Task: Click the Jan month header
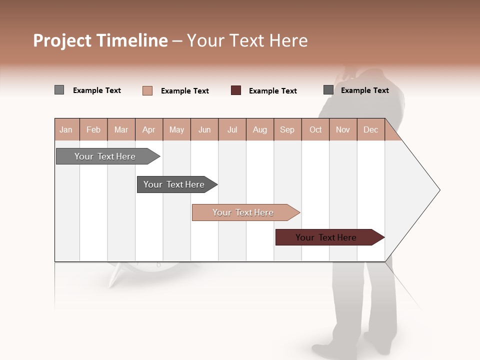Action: pos(66,129)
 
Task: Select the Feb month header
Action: pos(93,129)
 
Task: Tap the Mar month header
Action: pos(121,129)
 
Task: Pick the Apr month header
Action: pos(149,129)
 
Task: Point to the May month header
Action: pos(176,129)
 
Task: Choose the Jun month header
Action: pos(204,129)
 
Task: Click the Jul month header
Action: pos(232,129)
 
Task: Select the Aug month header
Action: pos(260,129)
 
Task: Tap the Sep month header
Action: pos(287,129)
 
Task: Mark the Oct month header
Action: pos(315,129)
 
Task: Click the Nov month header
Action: pos(343,129)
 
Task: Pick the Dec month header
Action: pos(371,129)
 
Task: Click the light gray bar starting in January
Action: pos(105,156)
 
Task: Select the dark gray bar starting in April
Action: pos(174,184)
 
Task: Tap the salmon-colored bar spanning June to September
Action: pos(243,212)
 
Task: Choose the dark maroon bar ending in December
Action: pos(326,237)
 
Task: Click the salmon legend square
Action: pos(147,90)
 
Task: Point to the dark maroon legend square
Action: pos(236,90)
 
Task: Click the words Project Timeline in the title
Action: pos(100,40)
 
